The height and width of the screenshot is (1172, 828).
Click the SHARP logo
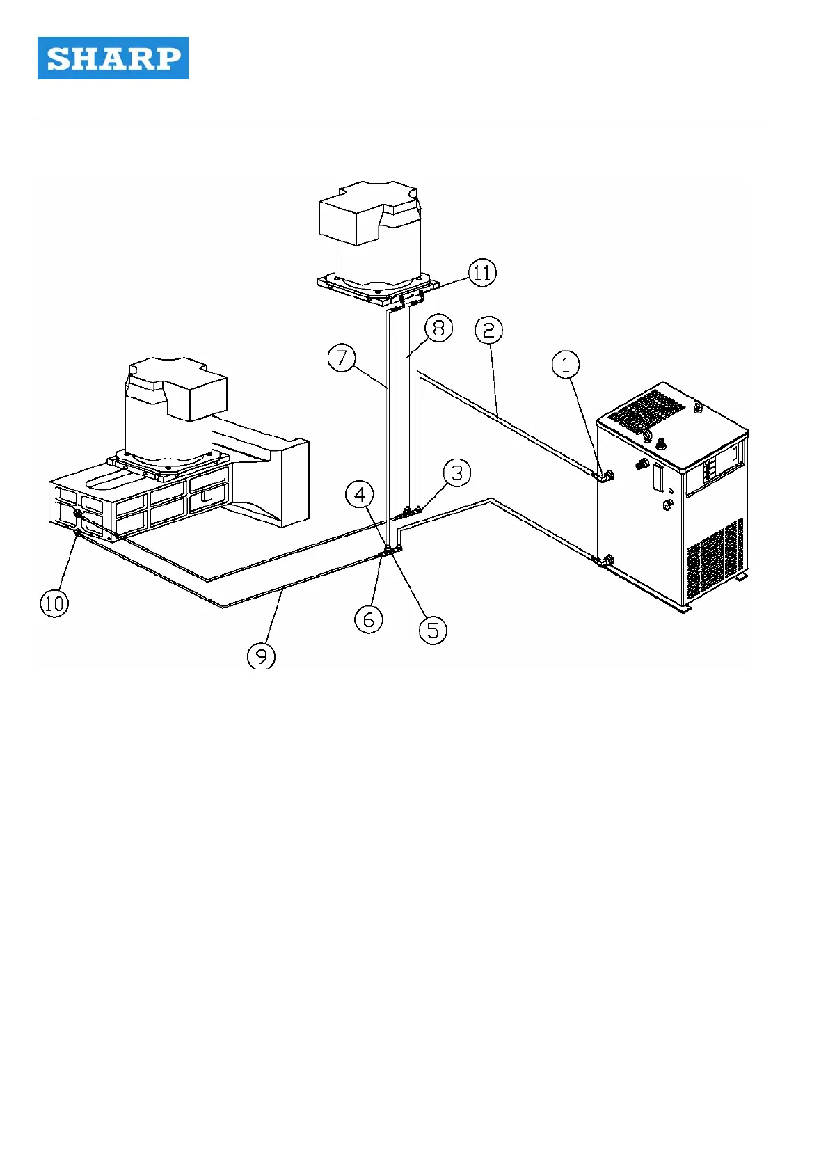(113, 58)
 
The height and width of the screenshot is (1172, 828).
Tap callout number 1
(566, 364)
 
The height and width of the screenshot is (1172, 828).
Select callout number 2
(489, 329)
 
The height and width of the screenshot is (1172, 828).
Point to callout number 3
(457, 473)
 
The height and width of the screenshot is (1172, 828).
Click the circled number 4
(360, 495)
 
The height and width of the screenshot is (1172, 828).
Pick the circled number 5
(433, 630)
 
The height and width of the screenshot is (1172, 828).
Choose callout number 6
(369, 618)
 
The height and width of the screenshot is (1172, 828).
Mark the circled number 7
(342, 358)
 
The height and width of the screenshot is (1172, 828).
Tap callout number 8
(438, 328)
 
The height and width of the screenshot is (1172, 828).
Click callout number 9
(261, 656)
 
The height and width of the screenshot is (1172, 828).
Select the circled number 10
(54, 603)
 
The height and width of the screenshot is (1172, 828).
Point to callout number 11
(482, 272)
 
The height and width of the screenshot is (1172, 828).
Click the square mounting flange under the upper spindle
(378, 287)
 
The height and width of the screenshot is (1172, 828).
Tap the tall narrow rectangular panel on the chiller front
(658, 481)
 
